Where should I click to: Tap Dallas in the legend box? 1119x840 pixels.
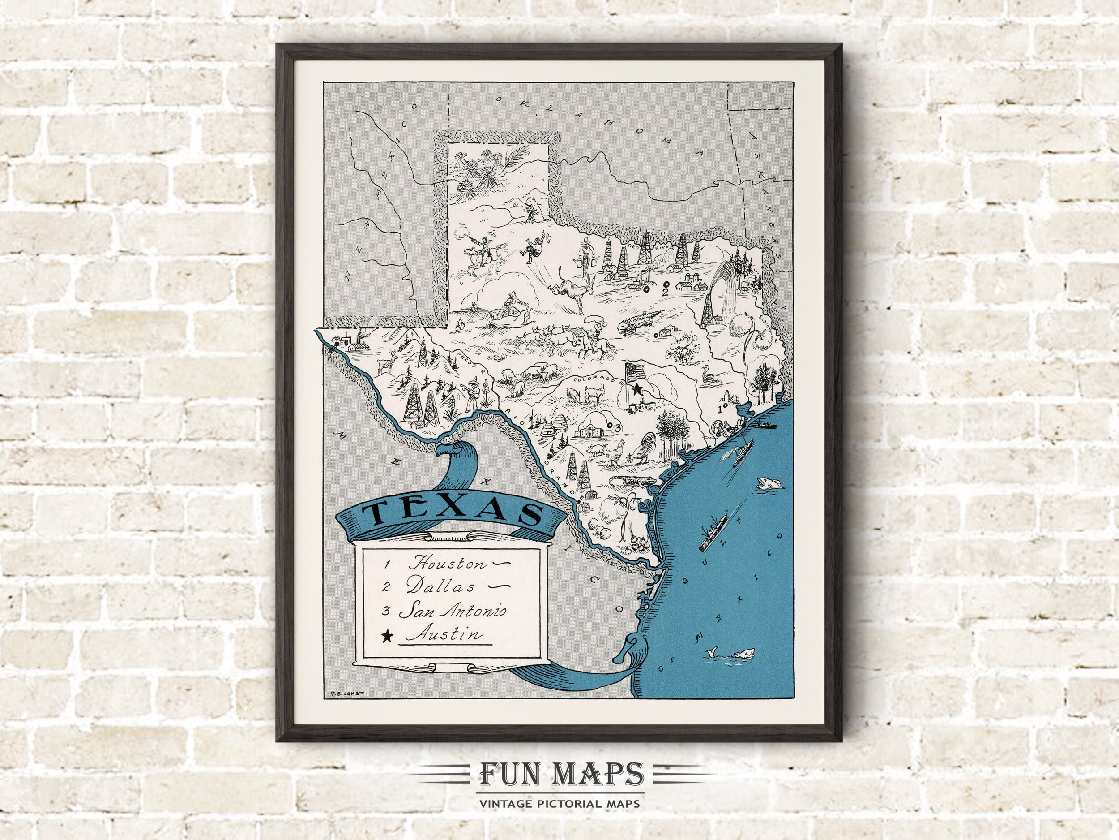point(440,586)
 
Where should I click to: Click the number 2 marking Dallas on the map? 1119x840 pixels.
point(666,292)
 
